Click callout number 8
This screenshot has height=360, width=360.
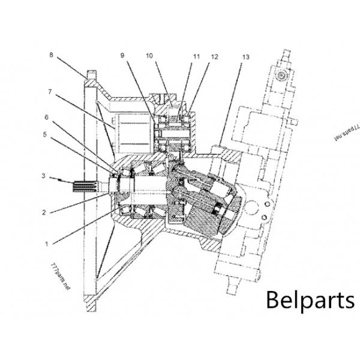coord(51,55)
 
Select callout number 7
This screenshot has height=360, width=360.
coord(51,92)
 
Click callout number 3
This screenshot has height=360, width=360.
coord(43,176)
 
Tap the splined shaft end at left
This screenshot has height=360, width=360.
coord(84,187)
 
